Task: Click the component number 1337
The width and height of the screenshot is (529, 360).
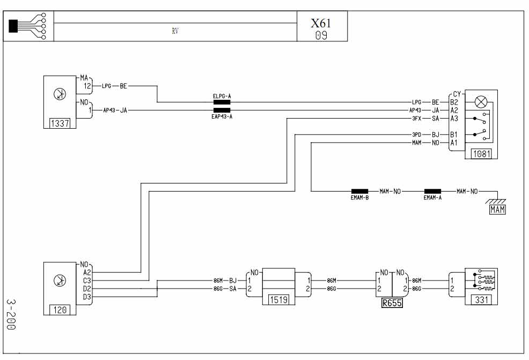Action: point(60,123)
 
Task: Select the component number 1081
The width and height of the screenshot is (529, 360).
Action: point(481,154)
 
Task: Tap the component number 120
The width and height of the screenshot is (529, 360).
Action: point(60,310)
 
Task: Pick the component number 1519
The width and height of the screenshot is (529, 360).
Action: point(278,299)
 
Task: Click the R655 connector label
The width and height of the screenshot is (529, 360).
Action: point(392,303)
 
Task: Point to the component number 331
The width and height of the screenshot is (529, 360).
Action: point(481,299)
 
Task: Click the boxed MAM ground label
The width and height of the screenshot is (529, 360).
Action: point(498,210)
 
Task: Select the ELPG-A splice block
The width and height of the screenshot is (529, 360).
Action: point(222,102)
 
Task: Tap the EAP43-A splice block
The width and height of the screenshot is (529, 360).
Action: point(222,111)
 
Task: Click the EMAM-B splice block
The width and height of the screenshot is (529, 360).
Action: point(359,192)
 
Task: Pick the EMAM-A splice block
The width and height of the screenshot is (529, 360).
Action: point(432,192)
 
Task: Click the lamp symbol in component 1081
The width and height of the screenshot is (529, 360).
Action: point(481,102)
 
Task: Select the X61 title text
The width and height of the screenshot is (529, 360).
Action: point(321,23)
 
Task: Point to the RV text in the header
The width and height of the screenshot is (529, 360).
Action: point(175,31)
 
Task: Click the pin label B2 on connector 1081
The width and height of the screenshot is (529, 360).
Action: point(454,102)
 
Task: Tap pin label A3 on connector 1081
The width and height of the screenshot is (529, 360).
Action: point(454,119)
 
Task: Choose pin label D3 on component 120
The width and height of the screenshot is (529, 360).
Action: point(87,297)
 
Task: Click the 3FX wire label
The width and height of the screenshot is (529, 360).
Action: point(417,119)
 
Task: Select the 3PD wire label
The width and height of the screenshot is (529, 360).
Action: point(417,135)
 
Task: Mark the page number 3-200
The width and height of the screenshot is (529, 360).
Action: point(11,314)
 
